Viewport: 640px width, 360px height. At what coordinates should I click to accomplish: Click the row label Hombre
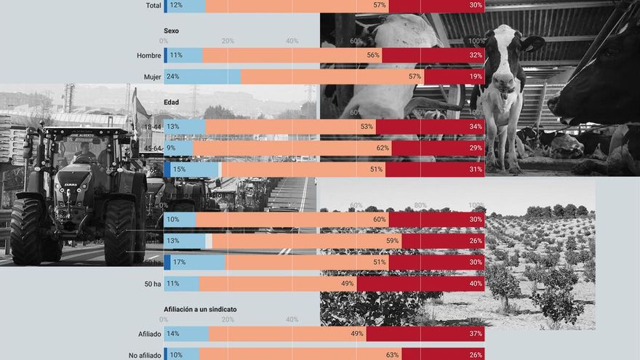[149, 55]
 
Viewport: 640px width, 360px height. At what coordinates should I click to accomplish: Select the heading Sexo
[171, 31]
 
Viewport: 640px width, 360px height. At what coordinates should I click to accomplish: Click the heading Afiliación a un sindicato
[200, 309]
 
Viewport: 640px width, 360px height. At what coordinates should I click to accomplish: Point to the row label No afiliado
[141, 355]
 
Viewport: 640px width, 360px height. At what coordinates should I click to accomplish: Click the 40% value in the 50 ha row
[476, 284]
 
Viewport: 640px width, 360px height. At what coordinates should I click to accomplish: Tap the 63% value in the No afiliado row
[392, 355]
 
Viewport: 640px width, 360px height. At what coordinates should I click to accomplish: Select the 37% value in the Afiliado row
[476, 334]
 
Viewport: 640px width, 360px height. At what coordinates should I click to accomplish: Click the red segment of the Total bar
[436, 5]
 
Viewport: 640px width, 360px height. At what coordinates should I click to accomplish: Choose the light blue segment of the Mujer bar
[204, 76]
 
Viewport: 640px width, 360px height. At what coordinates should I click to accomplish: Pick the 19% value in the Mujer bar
[476, 76]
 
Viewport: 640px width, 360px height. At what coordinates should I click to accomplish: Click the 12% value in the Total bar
[175, 5]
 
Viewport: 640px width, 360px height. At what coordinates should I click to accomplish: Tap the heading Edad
[172, 103]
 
